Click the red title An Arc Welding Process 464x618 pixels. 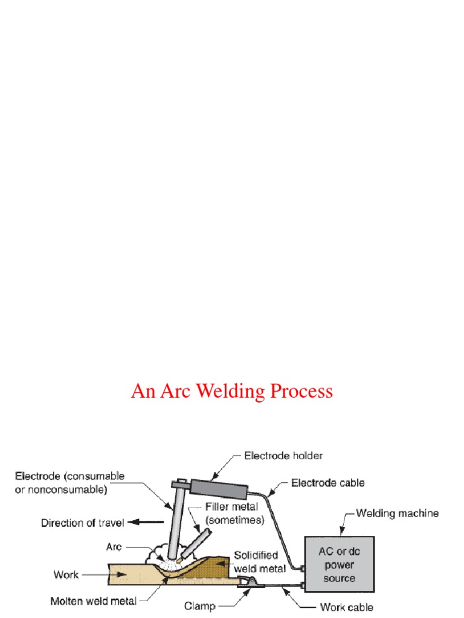coord(232,391)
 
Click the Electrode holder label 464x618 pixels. coord(284,456)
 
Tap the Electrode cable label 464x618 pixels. coord(328,483)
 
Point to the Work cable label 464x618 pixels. coord(346,607)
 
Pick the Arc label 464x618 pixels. coord(114,547)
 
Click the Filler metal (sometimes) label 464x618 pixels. coord(234,514)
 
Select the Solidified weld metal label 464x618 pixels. coord(256,559)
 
